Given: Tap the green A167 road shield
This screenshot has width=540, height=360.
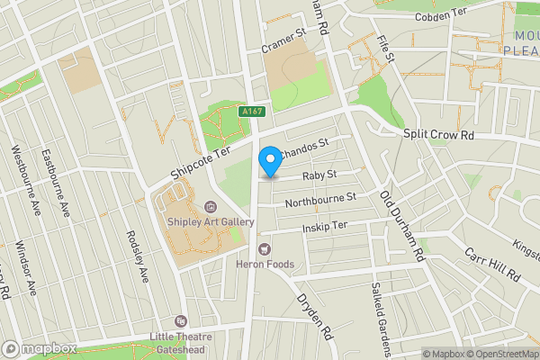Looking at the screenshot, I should (x=251, y=112).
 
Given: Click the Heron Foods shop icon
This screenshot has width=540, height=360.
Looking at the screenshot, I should (x=265, y=247).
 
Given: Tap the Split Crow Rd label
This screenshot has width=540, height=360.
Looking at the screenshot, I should (x=437, y=134).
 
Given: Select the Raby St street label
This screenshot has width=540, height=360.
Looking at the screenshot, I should (x=319, y=175).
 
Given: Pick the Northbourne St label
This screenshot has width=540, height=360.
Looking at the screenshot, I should (x=320, y=199).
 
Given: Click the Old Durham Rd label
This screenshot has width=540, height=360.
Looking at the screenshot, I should (x=401, y=225).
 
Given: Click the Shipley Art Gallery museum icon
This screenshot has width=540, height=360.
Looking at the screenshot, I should (x=210, y=206).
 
